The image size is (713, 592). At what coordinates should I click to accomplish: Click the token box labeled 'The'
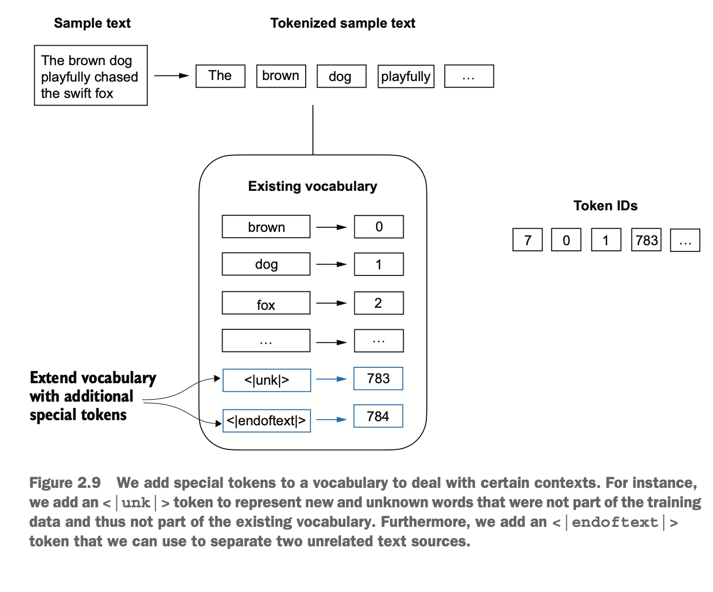point(220,76)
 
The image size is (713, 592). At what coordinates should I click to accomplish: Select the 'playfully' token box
point(406,76)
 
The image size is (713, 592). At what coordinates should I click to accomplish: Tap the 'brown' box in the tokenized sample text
point(281,76)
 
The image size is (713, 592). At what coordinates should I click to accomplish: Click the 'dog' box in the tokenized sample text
point(342,76)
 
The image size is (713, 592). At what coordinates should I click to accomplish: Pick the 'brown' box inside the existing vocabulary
point(266,226)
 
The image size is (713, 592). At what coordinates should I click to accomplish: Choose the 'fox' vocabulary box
point(266,303)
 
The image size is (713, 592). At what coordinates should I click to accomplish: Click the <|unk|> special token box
point(267,380)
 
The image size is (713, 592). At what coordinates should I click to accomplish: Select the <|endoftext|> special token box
point(267,421)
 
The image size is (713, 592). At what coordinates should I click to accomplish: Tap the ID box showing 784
point(378,416)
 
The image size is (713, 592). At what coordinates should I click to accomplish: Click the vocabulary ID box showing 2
point(379,303)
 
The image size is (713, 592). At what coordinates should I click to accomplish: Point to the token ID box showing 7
point(528,240)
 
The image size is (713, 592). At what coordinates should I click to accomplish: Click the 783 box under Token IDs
point(646,240)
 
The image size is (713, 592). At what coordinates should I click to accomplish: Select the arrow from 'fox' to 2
point(331,303)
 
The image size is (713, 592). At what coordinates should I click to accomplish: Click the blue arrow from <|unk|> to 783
point(331,379)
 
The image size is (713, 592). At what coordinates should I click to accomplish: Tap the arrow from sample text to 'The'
point(171,75)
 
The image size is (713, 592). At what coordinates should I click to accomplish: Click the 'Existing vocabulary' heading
point(312,187)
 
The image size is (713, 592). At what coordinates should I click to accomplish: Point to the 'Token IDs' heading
point(605,206)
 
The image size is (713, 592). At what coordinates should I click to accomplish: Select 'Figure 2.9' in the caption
point(65,483)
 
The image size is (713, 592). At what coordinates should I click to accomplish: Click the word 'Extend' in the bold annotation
point(53,378)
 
